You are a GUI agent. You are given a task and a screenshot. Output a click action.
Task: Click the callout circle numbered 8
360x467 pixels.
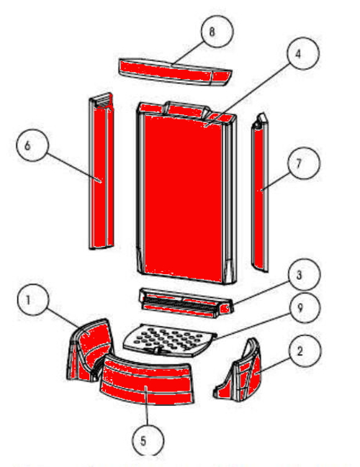tap(217, 31)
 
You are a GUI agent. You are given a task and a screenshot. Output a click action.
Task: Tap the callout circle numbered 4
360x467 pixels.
tap(303, 53)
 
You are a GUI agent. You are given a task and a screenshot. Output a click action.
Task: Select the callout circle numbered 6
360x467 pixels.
tap(32, 145)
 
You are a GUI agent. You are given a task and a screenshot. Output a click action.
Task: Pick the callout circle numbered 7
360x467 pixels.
tap(304, 163)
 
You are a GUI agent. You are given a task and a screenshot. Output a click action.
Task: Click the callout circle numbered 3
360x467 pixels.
tap(305, 275)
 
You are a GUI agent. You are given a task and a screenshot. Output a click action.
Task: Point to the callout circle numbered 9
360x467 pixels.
tap(305, 308)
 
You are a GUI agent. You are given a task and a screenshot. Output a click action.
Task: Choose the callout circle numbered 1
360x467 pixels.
tap(33, 299)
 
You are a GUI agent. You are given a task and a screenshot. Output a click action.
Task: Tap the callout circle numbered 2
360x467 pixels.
tap(305, 351)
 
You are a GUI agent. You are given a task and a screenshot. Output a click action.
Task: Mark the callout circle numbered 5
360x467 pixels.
tap(148, 441)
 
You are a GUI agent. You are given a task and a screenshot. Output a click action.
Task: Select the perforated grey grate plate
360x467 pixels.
tap(170, 340)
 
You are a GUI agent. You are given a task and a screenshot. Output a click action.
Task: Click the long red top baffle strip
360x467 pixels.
tap(175, 72)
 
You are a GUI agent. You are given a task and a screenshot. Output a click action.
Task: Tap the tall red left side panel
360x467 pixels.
tap(101, 171)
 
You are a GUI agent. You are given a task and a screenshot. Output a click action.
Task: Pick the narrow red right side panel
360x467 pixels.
tap(260, 193)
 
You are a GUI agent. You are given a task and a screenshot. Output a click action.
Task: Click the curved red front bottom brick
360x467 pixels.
tap(147, 380)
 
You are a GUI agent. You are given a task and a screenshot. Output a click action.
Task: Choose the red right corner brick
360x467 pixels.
tap(238, 371)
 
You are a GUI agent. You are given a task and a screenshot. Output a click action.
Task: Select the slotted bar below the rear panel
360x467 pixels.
tap(186, 303)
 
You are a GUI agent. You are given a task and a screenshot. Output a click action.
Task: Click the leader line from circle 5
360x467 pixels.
tap(147, 406)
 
